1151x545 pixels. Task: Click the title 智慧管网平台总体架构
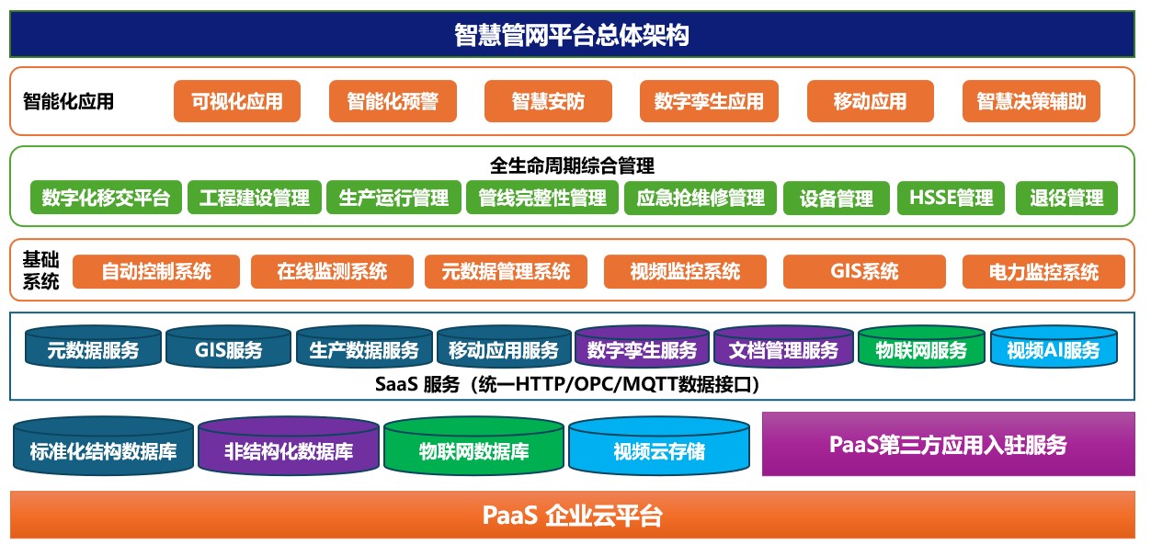click(572, 34)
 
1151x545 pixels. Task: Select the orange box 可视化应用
click(237, 101)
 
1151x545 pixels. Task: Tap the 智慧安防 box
click(548, 101)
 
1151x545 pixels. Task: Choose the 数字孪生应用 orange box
click(709, 101)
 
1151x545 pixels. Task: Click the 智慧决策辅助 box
click(1031, 101)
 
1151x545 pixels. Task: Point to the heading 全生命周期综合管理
click(572, 165)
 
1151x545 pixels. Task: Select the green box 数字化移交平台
click(106, 198)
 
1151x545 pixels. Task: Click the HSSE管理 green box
click(951, 198)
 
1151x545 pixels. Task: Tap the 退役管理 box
click(1066, 198)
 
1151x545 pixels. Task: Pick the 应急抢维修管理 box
click(701, 198)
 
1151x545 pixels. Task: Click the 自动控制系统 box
click(156, 271)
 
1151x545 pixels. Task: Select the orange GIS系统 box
click(864, 271)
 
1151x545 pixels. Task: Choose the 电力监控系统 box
click(1043, 271)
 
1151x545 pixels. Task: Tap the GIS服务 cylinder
click(228, 347)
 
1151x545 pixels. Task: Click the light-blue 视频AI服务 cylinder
click(1054, 347)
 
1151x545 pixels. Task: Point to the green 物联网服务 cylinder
click(921, 347)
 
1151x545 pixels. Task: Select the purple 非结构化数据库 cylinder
click(289, 446)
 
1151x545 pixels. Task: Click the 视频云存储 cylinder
click(659, 446)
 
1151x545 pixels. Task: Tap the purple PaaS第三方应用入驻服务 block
click(949, 444)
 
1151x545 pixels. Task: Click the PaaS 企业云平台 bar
click(573, 516)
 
